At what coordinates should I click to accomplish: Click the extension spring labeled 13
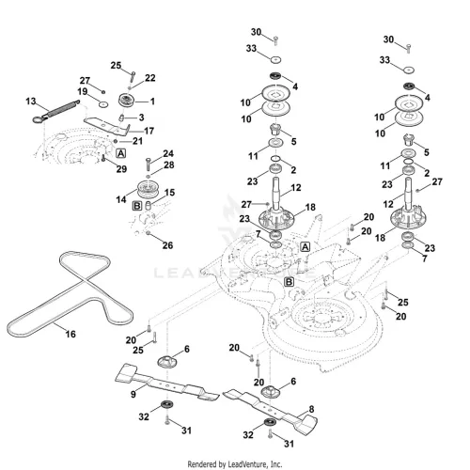coord(56,111)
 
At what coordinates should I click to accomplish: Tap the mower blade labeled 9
coord(167,383)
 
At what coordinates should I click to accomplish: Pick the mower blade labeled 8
coord(270,410)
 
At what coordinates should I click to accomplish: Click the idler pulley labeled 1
coord(127,101)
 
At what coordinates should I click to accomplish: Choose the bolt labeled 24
coord(149,164)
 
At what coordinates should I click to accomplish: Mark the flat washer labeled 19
coord(103,104)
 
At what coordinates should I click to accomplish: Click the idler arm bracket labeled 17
coord(106,125)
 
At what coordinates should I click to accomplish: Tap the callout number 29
coord(121,169)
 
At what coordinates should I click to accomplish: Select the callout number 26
coord(167,245)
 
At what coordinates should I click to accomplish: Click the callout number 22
coord(150,78)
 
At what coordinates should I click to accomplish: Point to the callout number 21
coord(137,141)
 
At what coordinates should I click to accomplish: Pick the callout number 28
coord(169,164)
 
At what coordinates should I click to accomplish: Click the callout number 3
coord(141,117)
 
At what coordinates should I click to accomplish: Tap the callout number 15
coord(169,193)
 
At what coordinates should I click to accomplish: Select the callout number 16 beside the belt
coord(70,334)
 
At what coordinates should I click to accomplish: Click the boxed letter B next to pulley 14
coord(137,206)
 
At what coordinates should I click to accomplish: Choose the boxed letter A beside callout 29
coord(121,153)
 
